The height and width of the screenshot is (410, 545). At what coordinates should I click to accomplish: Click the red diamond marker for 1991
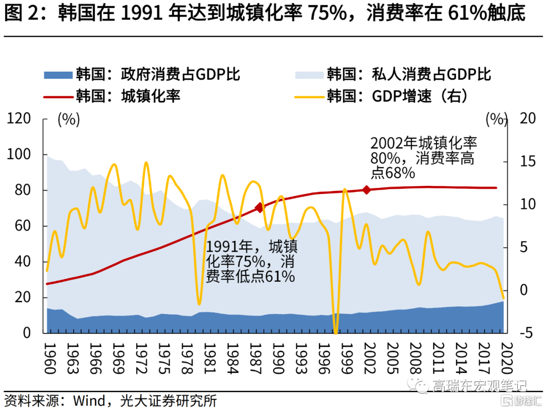pos(259,208)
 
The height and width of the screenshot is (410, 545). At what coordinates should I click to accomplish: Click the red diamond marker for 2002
pos(367,190)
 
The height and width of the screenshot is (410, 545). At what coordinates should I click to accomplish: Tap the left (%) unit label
pos(69,120)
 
